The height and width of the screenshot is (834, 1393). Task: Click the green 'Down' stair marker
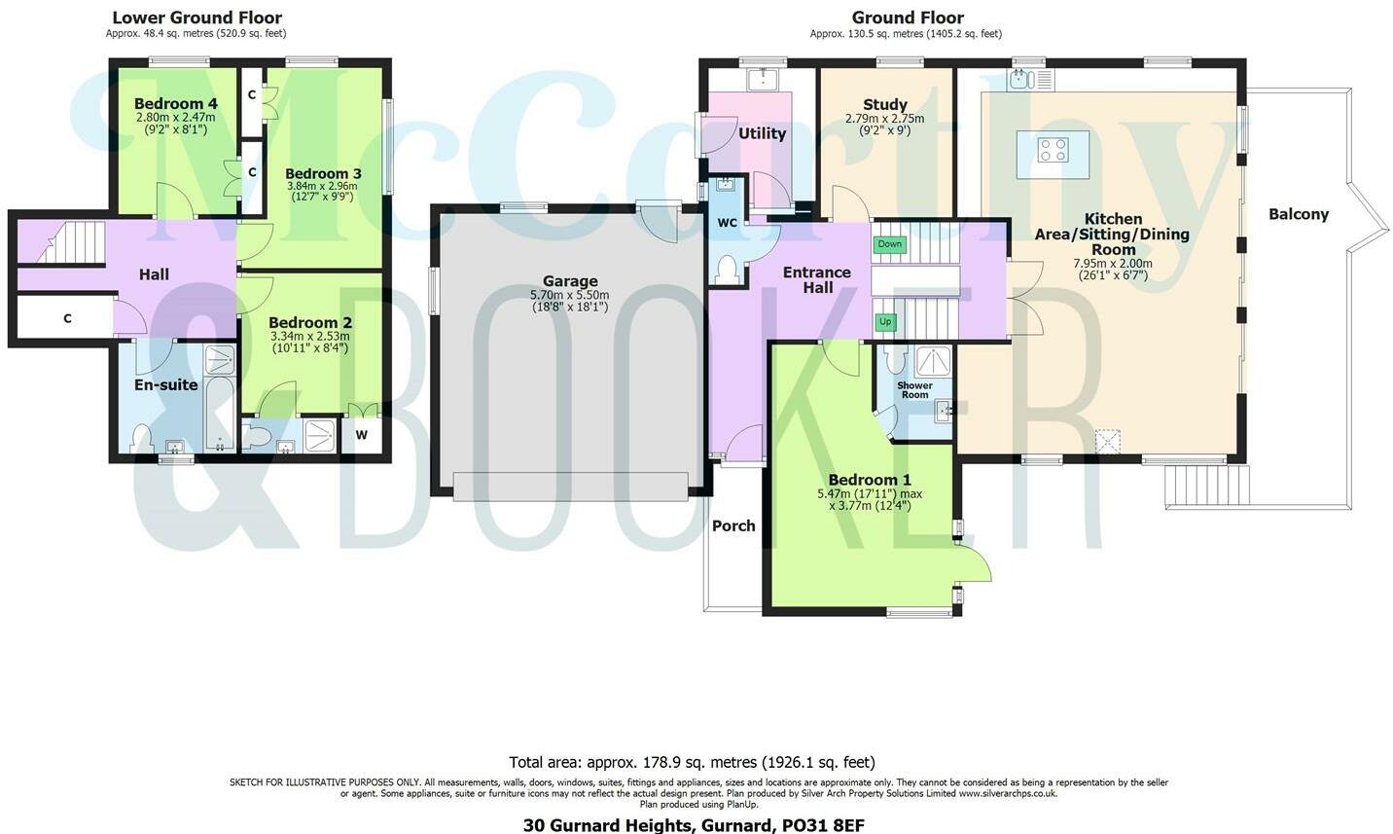889,244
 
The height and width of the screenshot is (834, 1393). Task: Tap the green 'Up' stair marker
885,322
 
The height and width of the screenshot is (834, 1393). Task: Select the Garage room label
570,281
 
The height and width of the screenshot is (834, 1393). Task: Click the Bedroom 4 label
175,104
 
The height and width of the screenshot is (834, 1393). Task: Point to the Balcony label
1298,214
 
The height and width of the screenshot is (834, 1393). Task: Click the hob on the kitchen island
1053,150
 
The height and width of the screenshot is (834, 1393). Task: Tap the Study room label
884,104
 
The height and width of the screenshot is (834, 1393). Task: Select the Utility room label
762,133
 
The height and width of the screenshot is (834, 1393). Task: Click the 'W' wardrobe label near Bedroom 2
362,435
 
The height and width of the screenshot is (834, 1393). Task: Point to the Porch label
733,526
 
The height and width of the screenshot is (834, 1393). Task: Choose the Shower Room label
914,390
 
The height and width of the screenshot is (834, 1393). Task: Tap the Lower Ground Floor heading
196,18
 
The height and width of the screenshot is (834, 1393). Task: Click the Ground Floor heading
907,18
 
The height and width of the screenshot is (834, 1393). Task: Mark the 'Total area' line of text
692,762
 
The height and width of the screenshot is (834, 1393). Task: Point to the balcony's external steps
1206,486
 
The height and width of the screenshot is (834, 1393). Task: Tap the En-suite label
165,384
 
